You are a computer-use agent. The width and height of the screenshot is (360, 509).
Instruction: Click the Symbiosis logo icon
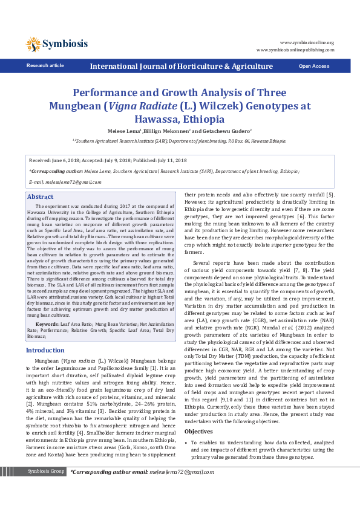click(33, 44)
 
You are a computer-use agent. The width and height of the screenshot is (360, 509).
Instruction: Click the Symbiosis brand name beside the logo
click(65, 44)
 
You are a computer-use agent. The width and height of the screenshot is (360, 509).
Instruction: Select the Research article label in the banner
click(45, 65)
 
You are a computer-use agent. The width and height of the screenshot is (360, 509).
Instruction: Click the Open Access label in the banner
click(313, 66)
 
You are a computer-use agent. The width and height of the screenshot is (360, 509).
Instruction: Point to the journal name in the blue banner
click(181, 66)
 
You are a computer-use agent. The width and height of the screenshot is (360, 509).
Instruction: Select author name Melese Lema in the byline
click(124, 131)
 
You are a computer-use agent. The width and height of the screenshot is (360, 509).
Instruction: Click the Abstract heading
click(41, 197)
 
